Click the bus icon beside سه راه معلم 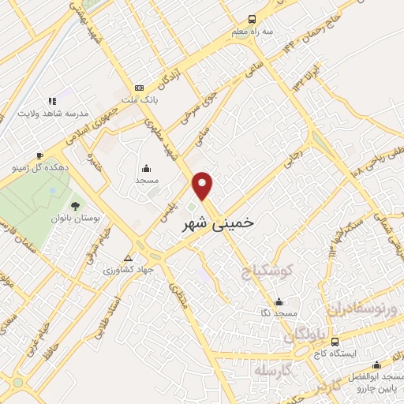point(252,19)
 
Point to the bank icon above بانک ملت point(140,88)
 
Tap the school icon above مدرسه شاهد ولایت point(52,101)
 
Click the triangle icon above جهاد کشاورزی point(129,257)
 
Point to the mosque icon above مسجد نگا point(278,301)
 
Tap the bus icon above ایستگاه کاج point(335,342)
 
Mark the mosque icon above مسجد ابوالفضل point(377,364)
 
